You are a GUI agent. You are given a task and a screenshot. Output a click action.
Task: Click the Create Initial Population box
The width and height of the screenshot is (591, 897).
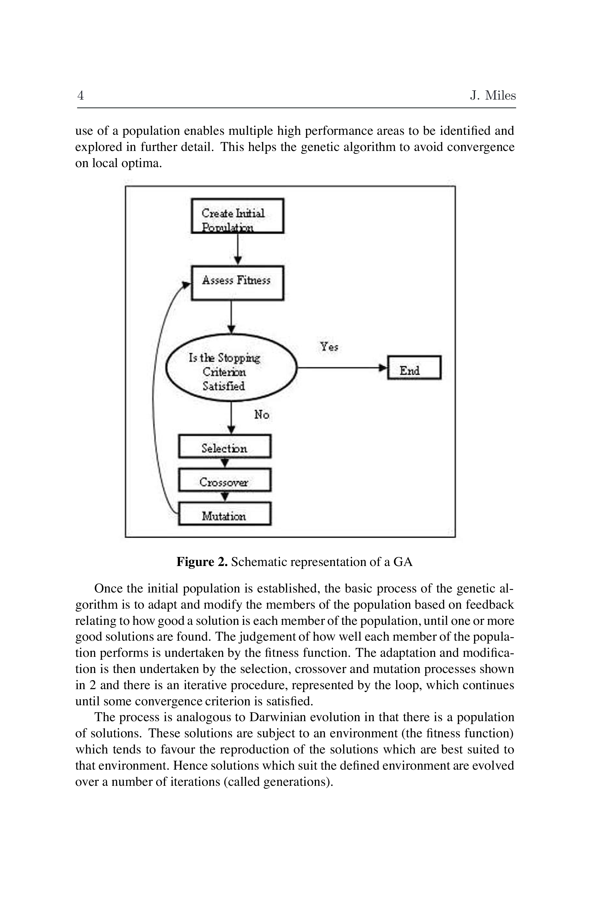click(x=237, y=216)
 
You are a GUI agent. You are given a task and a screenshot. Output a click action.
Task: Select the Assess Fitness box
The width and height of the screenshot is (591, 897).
click(x=237, y=283)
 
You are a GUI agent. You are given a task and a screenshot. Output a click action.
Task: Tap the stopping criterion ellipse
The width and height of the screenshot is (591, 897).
click(x=231, y=368)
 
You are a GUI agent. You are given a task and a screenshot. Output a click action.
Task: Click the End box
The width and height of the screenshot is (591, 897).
click(x=414, y=368)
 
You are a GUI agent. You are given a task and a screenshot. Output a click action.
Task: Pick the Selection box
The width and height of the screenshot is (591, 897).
click(x=225, y=446)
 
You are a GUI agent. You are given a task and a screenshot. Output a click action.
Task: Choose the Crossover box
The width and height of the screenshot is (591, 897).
click(x=225, y=480)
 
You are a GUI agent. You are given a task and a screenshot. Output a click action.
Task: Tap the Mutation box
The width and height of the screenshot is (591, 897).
click(x=225, y=514)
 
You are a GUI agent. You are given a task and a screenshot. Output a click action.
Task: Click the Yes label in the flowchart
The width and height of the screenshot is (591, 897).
click(x=329, y=347)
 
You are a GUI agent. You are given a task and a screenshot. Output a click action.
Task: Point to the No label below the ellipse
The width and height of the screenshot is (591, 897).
click(x=262, y=415)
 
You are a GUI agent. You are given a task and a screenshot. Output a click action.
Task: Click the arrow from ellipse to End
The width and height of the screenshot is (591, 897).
click(x=341, y=367)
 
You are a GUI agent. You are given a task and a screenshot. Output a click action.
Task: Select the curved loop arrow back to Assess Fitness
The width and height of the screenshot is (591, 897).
click(x=154, y=396)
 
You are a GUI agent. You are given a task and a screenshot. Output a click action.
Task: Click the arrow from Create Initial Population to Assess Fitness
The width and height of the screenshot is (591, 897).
click(x=238, y=249)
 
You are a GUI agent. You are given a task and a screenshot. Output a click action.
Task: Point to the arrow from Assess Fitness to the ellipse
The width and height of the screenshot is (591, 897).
click(x=231, y=317)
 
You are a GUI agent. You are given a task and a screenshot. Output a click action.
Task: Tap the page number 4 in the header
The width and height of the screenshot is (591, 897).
click(x=80, y=95)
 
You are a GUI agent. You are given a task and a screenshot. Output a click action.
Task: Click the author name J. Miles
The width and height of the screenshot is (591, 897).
click(x=493, y=95)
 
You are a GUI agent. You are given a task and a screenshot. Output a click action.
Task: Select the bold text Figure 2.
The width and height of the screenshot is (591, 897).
click(x=202, y=562)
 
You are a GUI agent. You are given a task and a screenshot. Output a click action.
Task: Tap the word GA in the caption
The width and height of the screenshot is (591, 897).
click(x=403, y=562)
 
